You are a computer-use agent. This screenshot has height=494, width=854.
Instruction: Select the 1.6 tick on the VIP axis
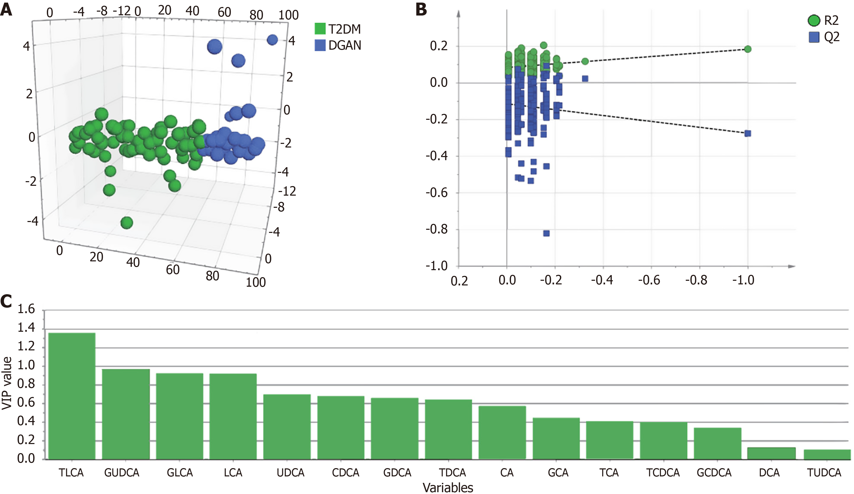point(26,309)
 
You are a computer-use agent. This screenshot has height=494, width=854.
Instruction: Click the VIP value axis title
point(7,383)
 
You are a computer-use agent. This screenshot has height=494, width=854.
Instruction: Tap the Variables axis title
point(448,488)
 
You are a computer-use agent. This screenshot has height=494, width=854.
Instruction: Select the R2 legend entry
point(823,20)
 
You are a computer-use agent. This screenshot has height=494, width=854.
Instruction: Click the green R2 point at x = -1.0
point(748,49)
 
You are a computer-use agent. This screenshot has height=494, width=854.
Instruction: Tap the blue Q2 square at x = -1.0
point(748,134)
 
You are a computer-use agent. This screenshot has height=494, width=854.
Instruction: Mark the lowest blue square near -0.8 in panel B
point(546,233)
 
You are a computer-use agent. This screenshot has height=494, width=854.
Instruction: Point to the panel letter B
point(421,10)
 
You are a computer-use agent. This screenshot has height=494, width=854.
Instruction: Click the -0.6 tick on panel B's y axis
point(439,193)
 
